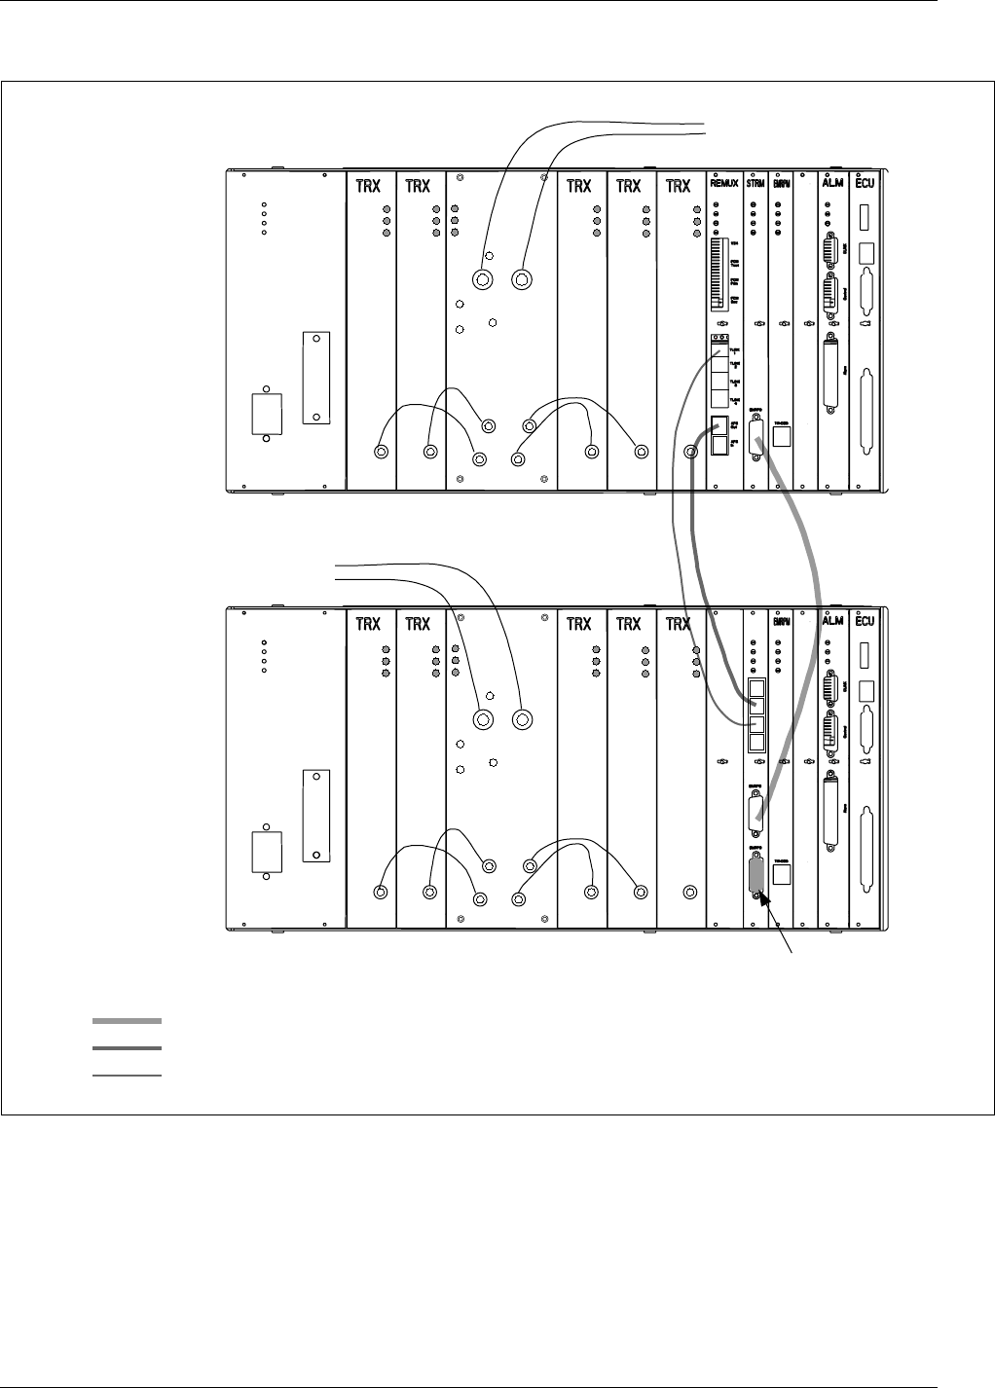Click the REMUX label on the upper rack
(724, 187)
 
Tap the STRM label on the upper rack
(755, 187)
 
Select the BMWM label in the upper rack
(780, 187)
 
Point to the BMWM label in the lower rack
(780, 622)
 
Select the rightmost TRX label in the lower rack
(678, 622)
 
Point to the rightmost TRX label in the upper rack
(678, 187)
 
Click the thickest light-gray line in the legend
(127, 1021)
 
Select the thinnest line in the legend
(127, 1076)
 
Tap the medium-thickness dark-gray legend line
(127, 1048)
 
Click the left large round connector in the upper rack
(481, 280)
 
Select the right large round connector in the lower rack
(522, 720)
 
